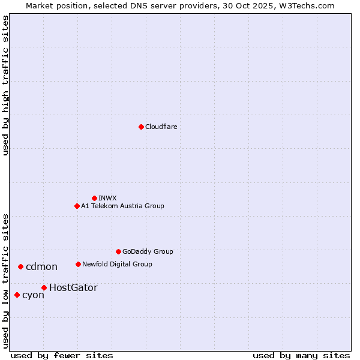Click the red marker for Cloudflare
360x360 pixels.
coord(141,127)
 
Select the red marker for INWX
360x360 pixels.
coord(94,198)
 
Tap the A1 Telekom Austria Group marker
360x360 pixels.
coord(77,206)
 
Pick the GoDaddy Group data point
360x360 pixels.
coord(118,251)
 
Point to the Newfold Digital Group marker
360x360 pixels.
coord(78,264)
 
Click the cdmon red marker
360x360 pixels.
coord(20,266)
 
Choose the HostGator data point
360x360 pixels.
coord(44,287)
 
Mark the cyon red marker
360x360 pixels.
coord(17,295)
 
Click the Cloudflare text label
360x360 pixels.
coord(161,127)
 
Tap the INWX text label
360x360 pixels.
coord(107,198)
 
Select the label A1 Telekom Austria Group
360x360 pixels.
coord(122,206)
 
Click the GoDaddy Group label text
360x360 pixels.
coord(147,251)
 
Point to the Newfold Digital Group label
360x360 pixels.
coord(117,264)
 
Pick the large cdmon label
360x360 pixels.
coord(41,266)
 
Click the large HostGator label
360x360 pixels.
coord(73,287)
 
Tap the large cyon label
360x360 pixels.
coord(33,295)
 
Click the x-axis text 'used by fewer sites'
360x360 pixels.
coord(62,355)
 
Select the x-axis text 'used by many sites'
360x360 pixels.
coord(301,355)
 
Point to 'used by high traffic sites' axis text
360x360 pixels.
coord(5,85)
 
